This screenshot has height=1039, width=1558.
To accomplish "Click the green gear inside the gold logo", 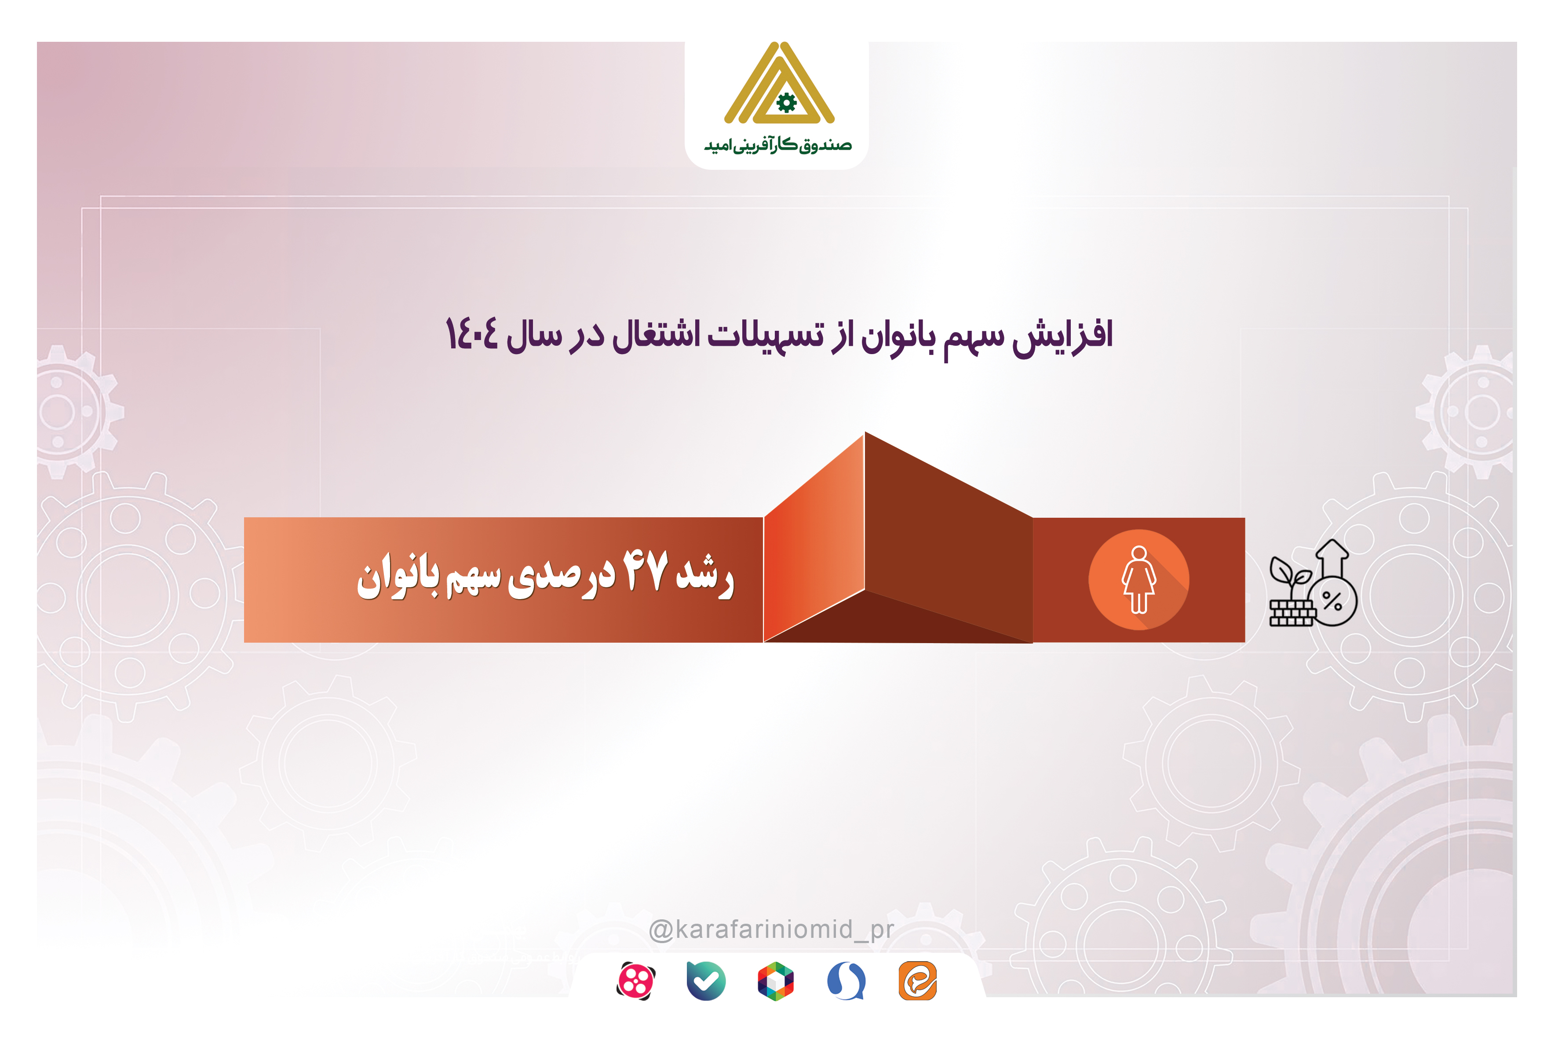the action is click(x=786, y=102).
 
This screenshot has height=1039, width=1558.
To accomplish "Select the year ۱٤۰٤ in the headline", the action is click(x=472, y=333).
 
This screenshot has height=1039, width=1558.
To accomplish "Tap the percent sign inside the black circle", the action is click(x=1332, y=601).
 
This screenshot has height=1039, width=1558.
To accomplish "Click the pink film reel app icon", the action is click(x=636, y=980).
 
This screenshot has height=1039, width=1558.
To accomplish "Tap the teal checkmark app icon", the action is click(x=706, y=980).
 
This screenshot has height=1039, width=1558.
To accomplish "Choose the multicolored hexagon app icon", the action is click(x=776, y=980).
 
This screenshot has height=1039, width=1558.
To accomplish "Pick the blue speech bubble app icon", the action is click(x=847, y=980).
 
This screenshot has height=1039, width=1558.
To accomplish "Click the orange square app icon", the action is click(x=917, y=980).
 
